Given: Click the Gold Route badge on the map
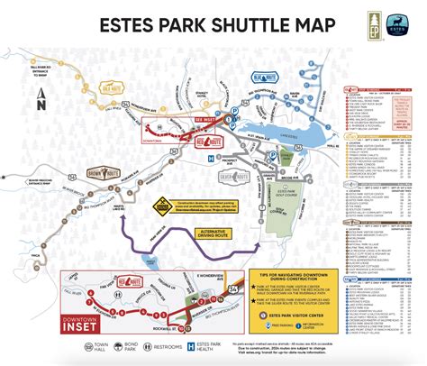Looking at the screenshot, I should [x=112, y=90].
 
